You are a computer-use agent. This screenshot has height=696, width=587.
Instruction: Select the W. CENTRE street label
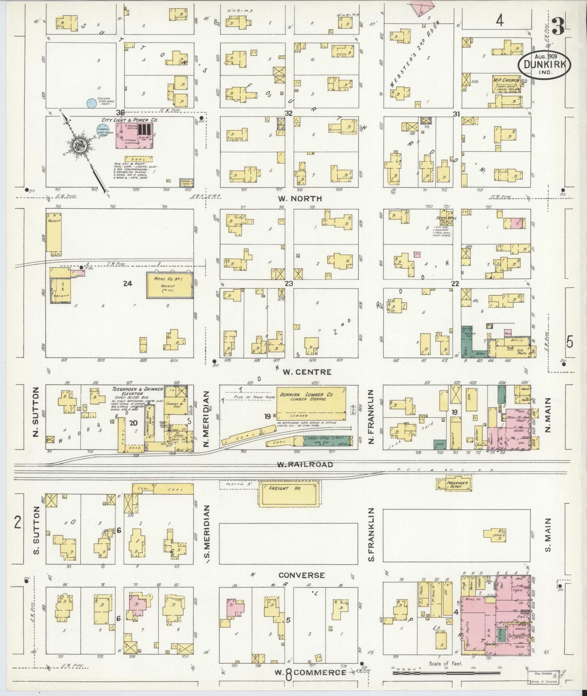pos(304,372)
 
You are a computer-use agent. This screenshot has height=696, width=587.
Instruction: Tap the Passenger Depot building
pos(454,484)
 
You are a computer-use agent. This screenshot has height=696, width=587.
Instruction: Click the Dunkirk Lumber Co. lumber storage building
pos(311,402)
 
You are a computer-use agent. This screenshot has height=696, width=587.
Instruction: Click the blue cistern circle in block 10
pos(91,103)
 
